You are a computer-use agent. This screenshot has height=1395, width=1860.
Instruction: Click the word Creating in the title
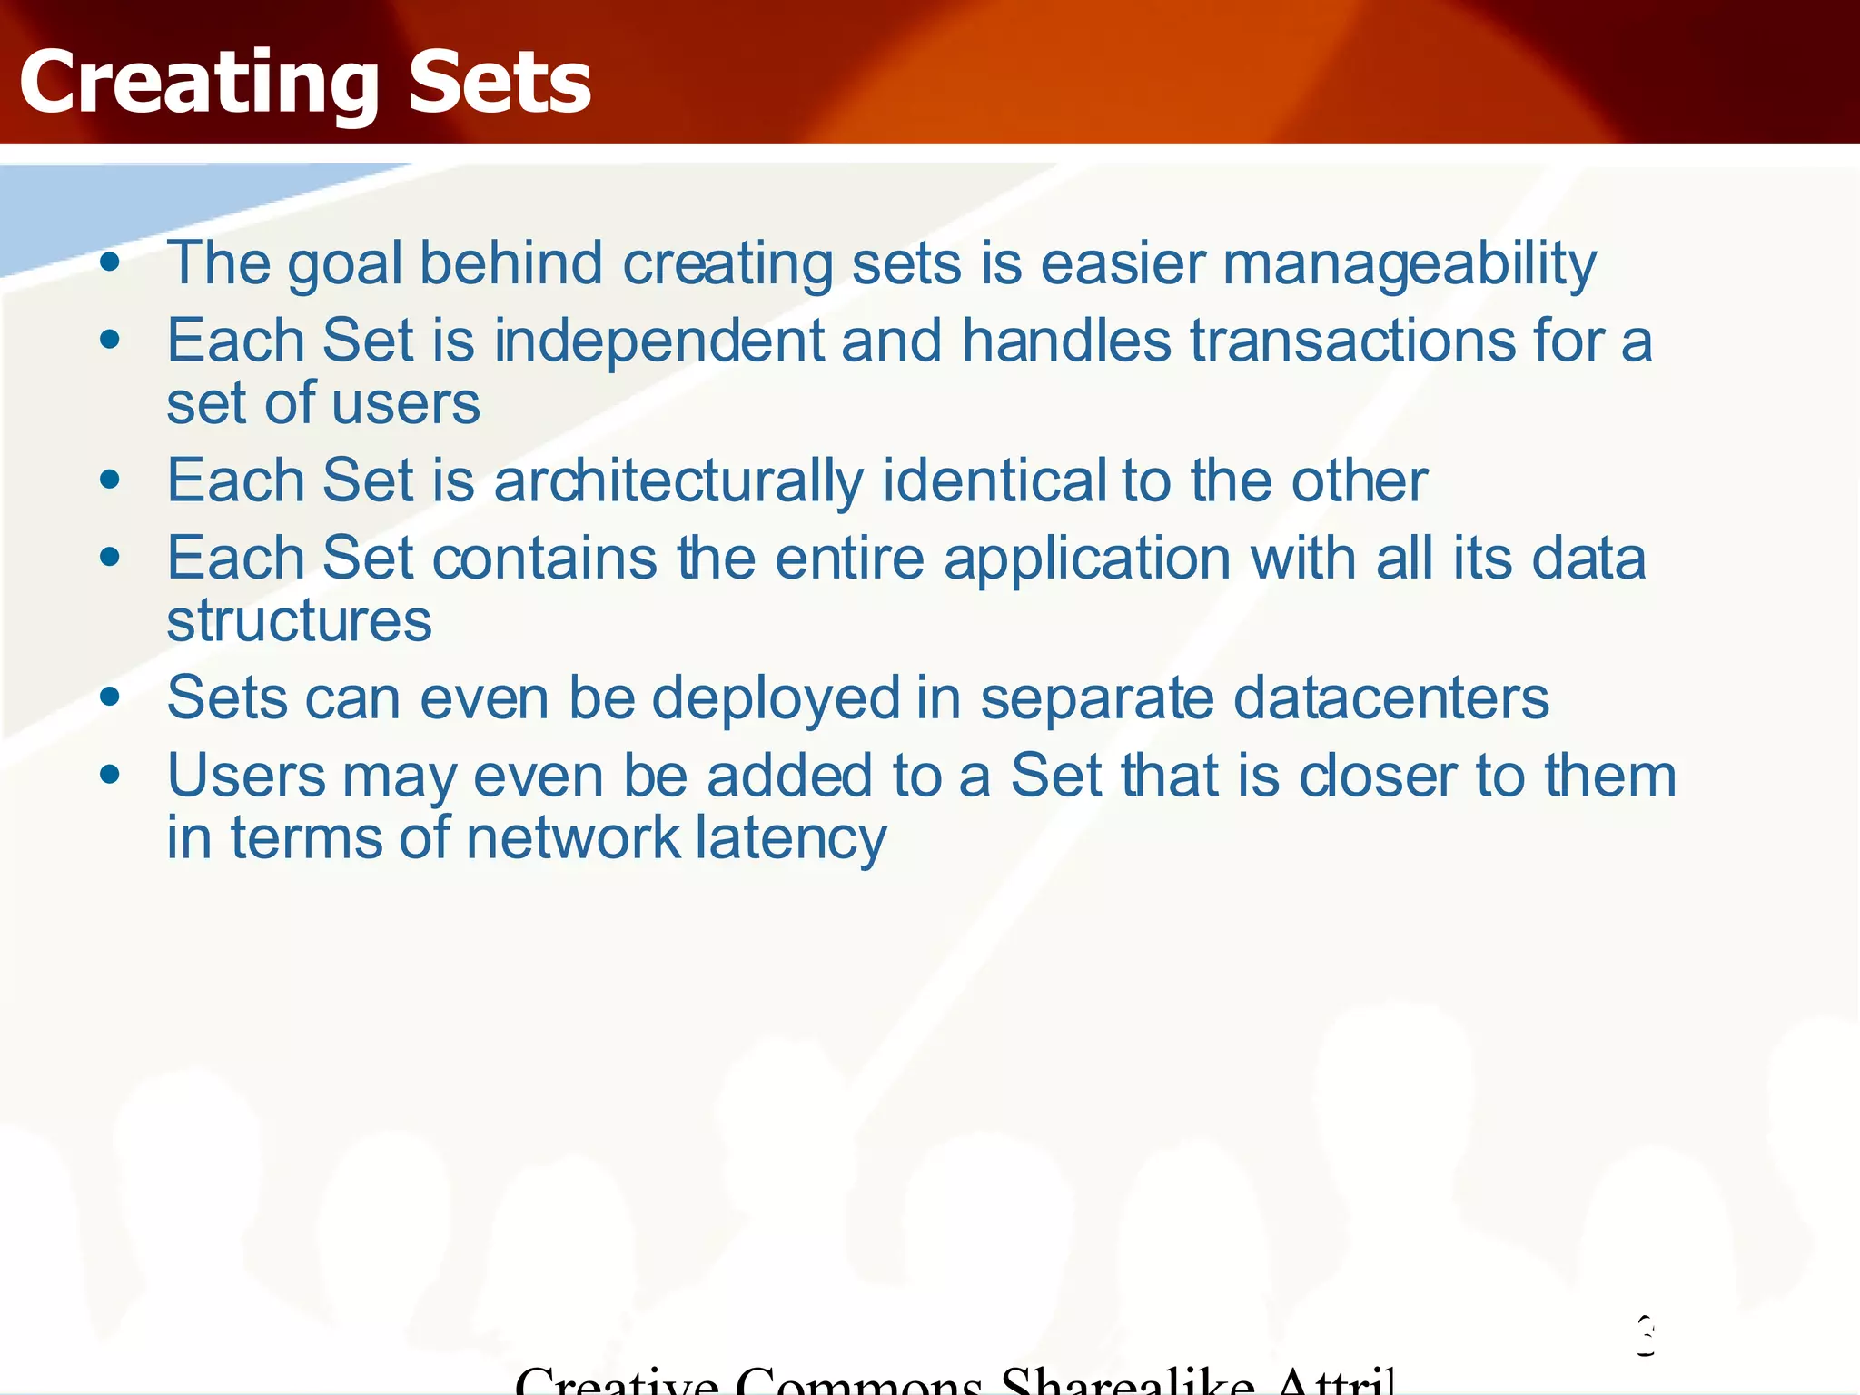pos(198,84)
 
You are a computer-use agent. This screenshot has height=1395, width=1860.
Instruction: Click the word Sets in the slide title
pos(500,84)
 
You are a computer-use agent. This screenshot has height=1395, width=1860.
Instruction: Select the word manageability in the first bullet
pos(1409,265)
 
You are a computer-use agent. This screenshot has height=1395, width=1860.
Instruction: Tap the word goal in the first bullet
pos(345,265)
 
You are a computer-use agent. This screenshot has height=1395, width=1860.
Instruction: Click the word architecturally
pos(678,481)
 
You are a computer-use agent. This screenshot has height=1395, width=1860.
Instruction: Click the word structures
pos(299,621)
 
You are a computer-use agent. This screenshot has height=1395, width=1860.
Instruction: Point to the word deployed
pos(776,699)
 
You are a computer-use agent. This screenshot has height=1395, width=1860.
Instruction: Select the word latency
pos(791,839)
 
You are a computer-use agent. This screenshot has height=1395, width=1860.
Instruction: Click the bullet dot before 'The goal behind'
pos(111,263)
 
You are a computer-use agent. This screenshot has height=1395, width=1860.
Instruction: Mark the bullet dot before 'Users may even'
pos(111,775)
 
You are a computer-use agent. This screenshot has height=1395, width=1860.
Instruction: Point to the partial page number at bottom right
pos(1646,1337)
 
